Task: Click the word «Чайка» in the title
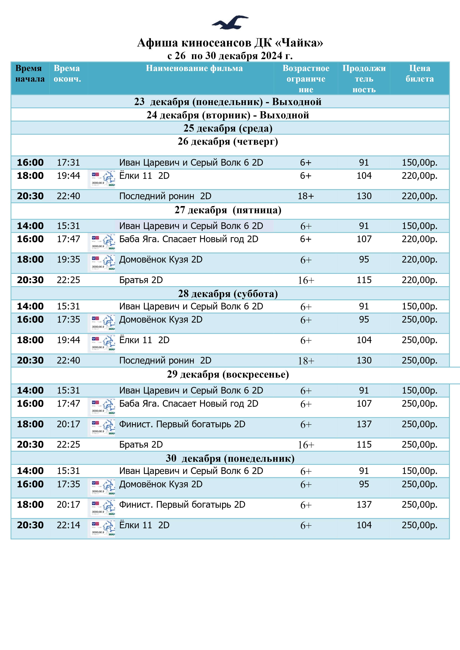pos(299,43)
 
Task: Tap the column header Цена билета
pos(419,74)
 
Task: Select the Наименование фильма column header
pos(194,69)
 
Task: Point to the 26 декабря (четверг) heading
pos(228,142)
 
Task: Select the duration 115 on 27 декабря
pos(364,280)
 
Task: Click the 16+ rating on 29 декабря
pos(306,445)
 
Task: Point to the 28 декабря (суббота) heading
pos(228,294)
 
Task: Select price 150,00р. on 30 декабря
pos(419,471)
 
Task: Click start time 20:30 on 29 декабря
pos(30,445)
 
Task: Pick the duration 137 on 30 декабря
pos(364,505)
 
